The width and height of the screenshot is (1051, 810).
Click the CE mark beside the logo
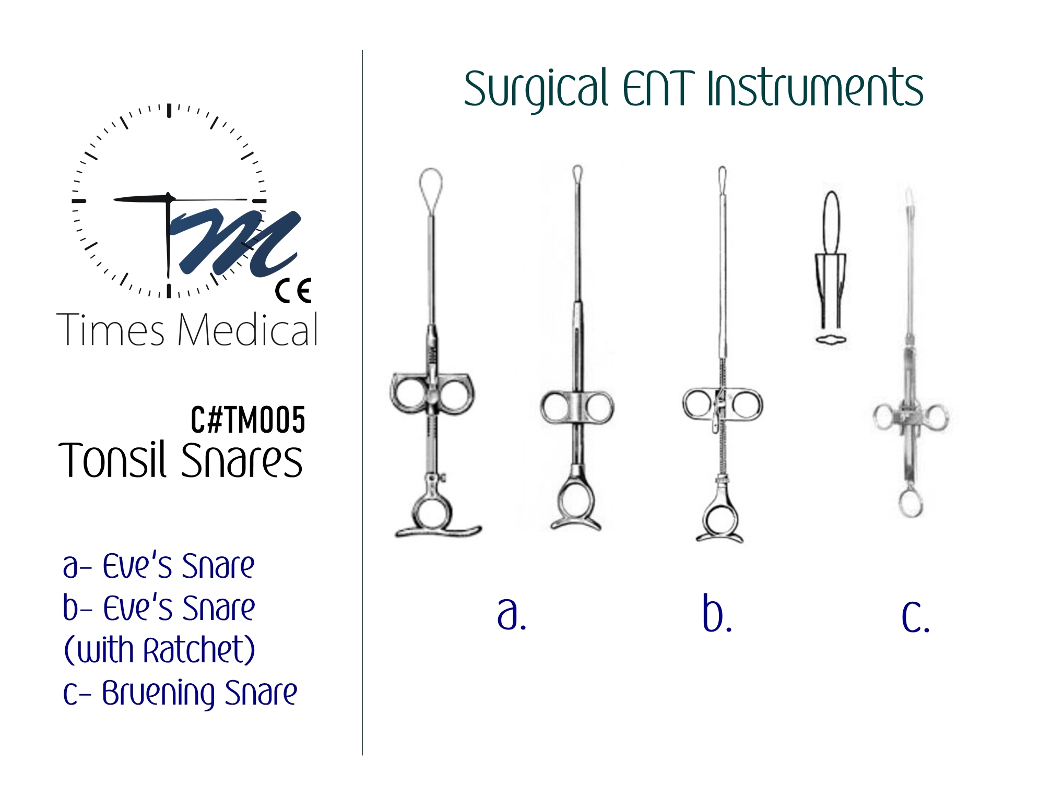[x=293, y=291]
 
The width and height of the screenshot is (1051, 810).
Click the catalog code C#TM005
[x=248, y=420]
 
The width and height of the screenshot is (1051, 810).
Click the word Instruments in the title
[x=815, y=88]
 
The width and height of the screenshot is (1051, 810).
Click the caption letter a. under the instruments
[x=512, y=613]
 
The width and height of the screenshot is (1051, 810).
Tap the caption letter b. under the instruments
[x=717, y=612]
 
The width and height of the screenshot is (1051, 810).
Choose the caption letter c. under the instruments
[x=916, y=616]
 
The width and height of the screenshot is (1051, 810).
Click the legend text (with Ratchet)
[x=159, y=650]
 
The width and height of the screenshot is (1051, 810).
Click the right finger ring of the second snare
[x=599, y=408]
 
